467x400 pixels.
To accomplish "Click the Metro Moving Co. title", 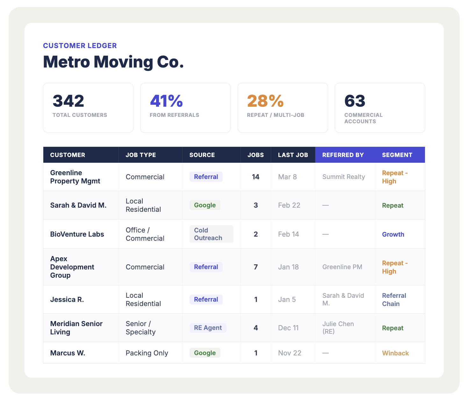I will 113,62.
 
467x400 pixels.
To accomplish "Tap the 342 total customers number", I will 68,101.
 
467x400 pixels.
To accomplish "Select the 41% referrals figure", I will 166,101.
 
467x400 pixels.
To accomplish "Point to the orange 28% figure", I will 265,101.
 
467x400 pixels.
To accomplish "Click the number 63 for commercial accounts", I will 355,101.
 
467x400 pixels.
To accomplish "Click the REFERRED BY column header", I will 343,155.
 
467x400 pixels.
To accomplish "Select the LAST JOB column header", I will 293,155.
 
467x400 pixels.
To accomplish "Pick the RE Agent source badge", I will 208,328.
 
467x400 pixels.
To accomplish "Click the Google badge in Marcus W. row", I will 205,353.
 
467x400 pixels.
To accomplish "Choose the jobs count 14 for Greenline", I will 255,177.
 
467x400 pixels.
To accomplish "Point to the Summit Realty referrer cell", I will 343,177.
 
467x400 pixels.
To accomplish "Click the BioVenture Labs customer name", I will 77,234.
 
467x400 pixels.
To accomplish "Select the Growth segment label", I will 393,234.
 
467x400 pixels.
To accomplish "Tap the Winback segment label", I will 395,353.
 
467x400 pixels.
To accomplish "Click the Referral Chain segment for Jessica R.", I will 394,300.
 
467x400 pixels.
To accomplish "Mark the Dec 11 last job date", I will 288,328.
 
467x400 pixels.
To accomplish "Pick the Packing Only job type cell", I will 147,353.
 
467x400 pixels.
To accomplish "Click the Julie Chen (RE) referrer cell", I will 338,328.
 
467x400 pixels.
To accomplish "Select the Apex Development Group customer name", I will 72,267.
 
